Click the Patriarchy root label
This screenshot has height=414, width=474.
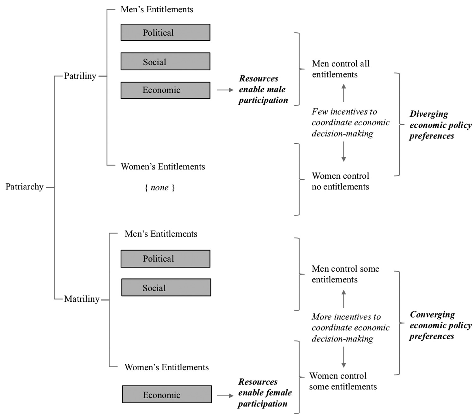25,187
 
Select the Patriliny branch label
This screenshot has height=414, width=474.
80,76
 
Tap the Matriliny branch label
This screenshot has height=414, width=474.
82,299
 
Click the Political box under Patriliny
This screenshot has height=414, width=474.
165,33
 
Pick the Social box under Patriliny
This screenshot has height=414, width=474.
165,61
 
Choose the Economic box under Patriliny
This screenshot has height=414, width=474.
165,90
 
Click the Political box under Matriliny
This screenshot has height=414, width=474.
165,259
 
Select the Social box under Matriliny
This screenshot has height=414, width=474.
166,287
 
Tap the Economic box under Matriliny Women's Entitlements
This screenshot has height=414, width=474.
167,394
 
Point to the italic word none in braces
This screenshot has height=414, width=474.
160,188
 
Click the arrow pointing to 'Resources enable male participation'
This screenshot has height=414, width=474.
225,90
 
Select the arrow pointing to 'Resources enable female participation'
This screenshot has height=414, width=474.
225,396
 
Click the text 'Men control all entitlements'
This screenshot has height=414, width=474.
341,69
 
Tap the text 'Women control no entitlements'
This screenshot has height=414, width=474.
340,181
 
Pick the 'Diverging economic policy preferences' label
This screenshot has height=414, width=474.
441,125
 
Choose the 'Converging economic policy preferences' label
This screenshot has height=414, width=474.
441,325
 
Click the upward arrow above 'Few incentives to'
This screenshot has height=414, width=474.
343,93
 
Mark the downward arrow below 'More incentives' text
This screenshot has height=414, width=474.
343,357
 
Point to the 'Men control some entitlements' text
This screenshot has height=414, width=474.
345,274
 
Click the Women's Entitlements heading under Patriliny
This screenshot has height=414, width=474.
163,167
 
